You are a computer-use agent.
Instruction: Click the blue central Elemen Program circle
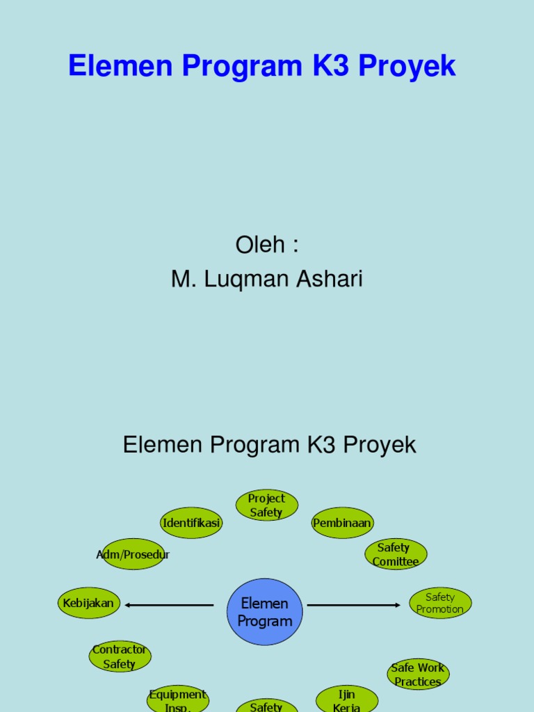(265, 612)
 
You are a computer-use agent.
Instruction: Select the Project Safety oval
(266, 505)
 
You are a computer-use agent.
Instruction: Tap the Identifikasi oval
(191, 523)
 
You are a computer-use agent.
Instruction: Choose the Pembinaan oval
(342, 523)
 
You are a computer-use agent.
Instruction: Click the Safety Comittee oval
(396, 554)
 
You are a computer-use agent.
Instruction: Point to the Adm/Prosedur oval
(133, 554)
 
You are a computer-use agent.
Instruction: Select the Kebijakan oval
(88, 603)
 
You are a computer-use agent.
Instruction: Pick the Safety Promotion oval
(440, 603)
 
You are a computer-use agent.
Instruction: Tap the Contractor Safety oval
(120, 656)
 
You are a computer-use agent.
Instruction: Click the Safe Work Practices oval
(418, 674)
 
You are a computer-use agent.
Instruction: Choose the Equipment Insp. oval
(178, 699)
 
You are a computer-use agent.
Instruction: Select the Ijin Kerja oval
(347, 699)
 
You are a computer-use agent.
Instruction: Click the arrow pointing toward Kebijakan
(169, 605)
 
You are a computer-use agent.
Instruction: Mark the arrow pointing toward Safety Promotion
(354, 605)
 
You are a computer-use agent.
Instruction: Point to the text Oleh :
(267, 245)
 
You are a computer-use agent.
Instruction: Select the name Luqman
(243, 280)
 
